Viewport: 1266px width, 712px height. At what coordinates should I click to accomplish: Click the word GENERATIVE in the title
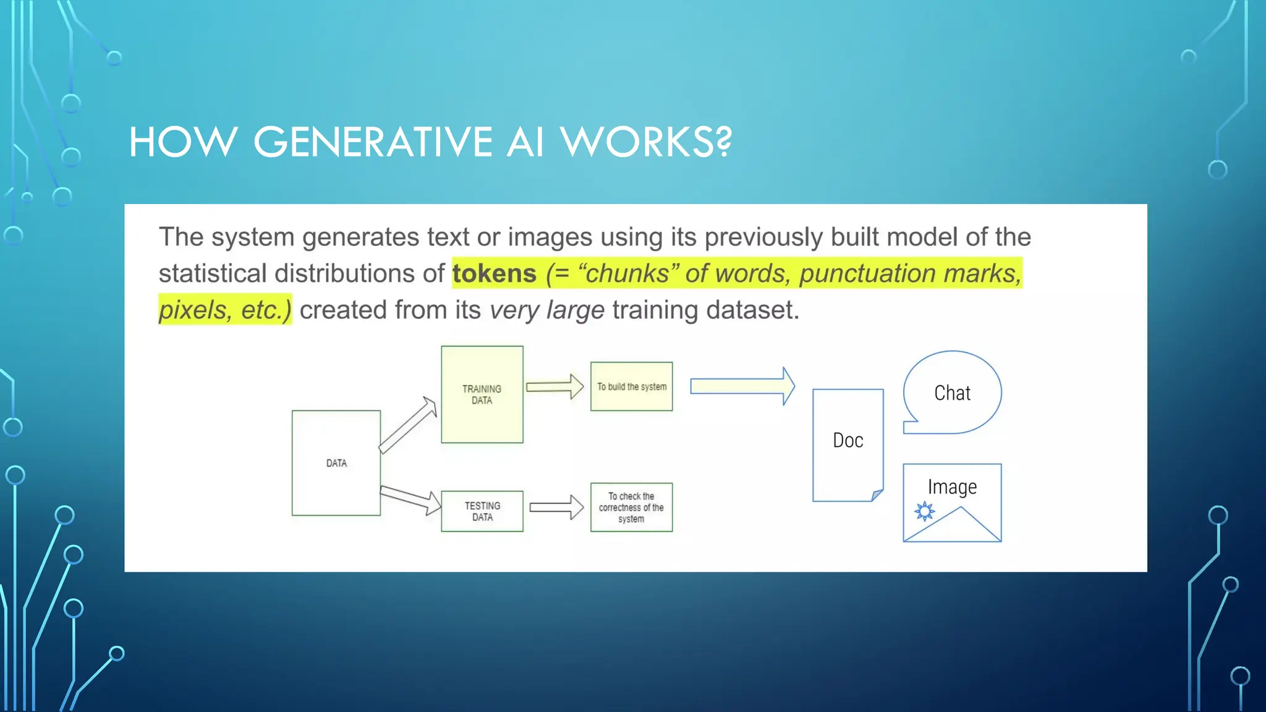click(x=373, y=142)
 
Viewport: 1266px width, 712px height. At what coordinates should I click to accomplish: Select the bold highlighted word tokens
click(x=494, y=273)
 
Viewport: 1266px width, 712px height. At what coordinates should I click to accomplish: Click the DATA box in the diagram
click(x=336, y=463)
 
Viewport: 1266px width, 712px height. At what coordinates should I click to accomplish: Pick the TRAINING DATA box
click(x=482, y=394)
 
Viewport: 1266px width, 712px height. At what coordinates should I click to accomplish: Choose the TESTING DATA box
click(x=482, y=511)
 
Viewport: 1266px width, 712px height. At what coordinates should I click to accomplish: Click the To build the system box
click(x=631, y=386)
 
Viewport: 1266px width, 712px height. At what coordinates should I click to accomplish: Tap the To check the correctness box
click(x=631, y=507)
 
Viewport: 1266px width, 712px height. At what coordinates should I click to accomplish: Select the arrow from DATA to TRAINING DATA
click(x=408, y=425)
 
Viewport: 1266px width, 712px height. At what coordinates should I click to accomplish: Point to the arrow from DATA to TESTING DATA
click(x=410, y=498)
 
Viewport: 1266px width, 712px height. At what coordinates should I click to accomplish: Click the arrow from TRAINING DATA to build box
click(x=554, y=386)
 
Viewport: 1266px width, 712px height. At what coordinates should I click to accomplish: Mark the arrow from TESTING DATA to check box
click(x=556, y=507)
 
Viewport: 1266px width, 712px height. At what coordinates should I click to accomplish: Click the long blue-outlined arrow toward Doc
click(x=742, y=386)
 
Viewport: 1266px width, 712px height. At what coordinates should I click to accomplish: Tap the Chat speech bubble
click(x=952, y=393)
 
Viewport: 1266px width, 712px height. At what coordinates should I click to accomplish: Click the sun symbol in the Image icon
click(x=925, y=511)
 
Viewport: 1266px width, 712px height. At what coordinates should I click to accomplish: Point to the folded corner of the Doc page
click(x=877, y=494)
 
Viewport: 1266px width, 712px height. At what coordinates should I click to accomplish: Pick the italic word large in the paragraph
click(x=575, y=310)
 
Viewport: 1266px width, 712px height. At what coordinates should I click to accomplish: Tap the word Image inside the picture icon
click(x=952, y=487)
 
